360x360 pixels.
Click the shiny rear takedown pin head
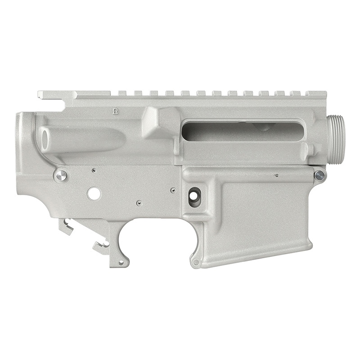point(60,175)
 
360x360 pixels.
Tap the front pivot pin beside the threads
point(319,175)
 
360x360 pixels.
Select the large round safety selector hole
point(94,193)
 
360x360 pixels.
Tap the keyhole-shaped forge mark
point(116,110)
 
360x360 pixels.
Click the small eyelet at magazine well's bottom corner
point(195,261)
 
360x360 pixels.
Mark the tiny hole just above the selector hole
point(93,171)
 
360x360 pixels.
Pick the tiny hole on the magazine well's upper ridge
point(276,175)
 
